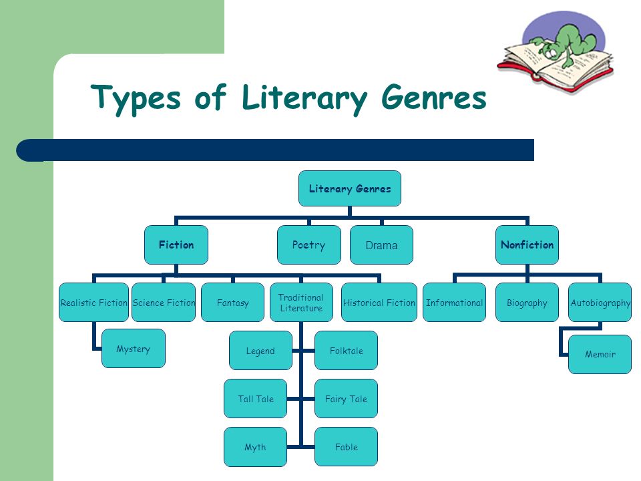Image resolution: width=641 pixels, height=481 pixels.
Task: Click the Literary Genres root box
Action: click(349, 188)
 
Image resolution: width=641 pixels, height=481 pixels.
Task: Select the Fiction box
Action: click(176, 245)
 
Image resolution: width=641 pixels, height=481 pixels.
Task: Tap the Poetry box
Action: click(308, 245)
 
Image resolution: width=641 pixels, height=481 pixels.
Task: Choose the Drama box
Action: click(381, 245)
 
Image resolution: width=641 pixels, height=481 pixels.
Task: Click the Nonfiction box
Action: click(527, 245)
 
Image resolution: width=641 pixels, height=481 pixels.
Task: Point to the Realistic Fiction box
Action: click(93, 302)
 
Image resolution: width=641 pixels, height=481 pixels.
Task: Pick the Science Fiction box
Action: click(164, 302)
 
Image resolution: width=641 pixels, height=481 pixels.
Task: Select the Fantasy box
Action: click(232, 302)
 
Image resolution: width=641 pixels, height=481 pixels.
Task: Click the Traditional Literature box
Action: click(301, 302)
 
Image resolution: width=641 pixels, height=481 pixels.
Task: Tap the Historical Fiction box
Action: click(379, 302)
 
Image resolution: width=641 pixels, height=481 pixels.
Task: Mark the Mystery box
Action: click(134, 349)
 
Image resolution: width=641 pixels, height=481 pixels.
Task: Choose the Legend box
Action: click(260, 351)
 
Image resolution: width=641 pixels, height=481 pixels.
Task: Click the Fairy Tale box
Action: click(346, 399)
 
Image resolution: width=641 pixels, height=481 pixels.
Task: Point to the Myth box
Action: click(255, 447)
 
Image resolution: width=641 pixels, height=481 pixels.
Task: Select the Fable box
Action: click(346, 447)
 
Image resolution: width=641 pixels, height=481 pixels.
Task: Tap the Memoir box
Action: click(600, 354)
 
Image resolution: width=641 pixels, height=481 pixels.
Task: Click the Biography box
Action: click(527, 302)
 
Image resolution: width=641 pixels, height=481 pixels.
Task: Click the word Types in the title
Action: click(136, 98)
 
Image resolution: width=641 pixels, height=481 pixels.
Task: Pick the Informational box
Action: click(454, 302)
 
